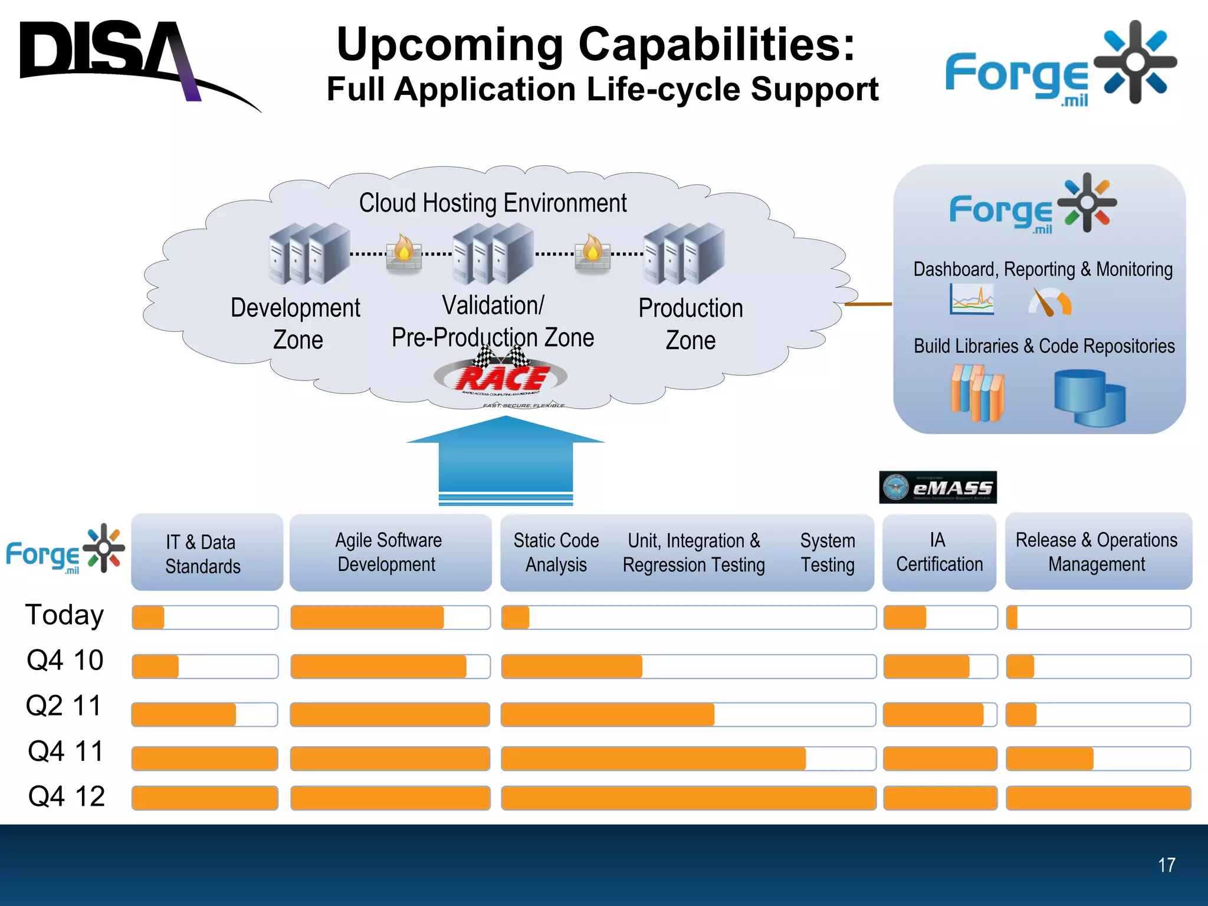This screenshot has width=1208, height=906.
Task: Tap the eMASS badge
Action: [x=937, y=487]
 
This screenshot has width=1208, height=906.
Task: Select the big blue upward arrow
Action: [x=505, y=460]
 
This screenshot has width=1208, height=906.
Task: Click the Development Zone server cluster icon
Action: [x=309, y=253]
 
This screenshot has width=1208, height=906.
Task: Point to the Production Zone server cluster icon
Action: [x=684, y=253]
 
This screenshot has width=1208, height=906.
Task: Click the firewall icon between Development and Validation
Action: [x=404, y=254]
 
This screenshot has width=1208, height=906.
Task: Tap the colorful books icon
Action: [x=977, y=393]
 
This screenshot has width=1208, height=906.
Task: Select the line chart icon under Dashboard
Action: [x=971, y=299]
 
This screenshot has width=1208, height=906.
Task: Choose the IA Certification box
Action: [x=939, y=553]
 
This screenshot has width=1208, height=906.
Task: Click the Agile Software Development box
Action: [x=390, y=553]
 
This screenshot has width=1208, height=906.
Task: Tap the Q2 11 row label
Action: [x=64, y=706]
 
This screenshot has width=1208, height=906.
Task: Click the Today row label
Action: [x=64, y=615]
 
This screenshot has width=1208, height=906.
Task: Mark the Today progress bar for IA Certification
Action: [x=940, y=618]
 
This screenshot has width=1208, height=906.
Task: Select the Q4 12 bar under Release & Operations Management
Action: [x=1098, y=798]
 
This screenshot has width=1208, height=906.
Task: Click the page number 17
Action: [x=1166, y=865]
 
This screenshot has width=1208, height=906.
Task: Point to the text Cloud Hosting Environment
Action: [x=493, y=203]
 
